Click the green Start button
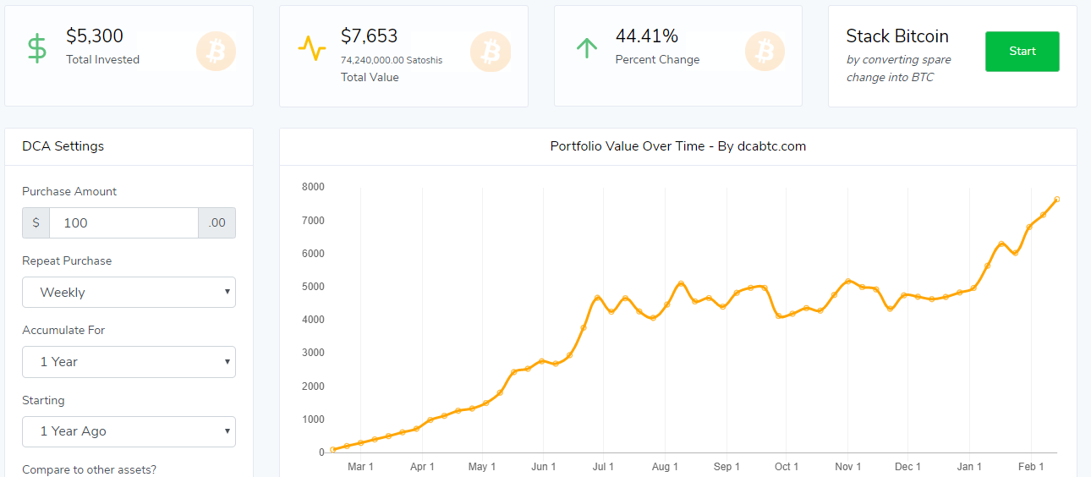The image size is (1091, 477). [1022, 52]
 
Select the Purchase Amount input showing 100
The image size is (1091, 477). [123, 222]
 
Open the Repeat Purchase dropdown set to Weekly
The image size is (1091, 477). [129, 293]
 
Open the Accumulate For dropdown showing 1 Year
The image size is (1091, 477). [129, 362]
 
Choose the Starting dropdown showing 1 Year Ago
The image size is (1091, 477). [129, 431]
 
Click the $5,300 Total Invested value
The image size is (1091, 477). [95, 36]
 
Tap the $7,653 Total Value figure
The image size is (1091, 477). [369, 36]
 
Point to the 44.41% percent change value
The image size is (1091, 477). [646, 36]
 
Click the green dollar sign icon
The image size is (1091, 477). [36, 48]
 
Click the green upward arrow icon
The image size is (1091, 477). [586, 48]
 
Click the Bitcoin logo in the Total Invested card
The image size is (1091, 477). [216, 52]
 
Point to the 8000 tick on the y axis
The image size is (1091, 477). [313, 187]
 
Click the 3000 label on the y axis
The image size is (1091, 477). [313, 353]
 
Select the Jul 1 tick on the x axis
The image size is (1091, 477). [604, 467]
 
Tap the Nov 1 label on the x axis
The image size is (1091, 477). [847, 467]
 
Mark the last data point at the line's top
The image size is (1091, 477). [1056, 200]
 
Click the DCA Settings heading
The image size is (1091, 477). [63, 146]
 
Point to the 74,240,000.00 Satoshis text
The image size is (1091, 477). [392, 60]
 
